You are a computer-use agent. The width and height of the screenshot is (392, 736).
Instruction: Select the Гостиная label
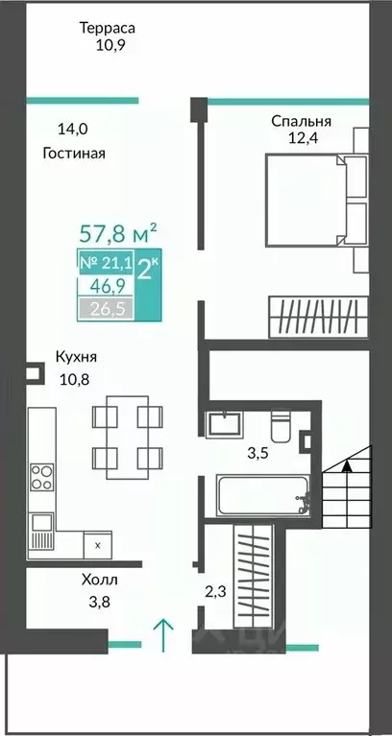point(74,153)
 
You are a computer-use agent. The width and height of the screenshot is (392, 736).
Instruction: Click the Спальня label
point(302,122)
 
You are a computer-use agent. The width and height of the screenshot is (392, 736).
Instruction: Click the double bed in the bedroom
point(311,196)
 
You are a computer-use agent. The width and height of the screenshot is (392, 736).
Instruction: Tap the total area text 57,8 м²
point(116,232)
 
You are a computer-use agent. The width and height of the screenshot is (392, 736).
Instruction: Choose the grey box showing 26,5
point(107,308)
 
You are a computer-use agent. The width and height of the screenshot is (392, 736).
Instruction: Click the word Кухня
point(77,357)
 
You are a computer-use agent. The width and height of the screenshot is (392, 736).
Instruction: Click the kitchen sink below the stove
point(41,524)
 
